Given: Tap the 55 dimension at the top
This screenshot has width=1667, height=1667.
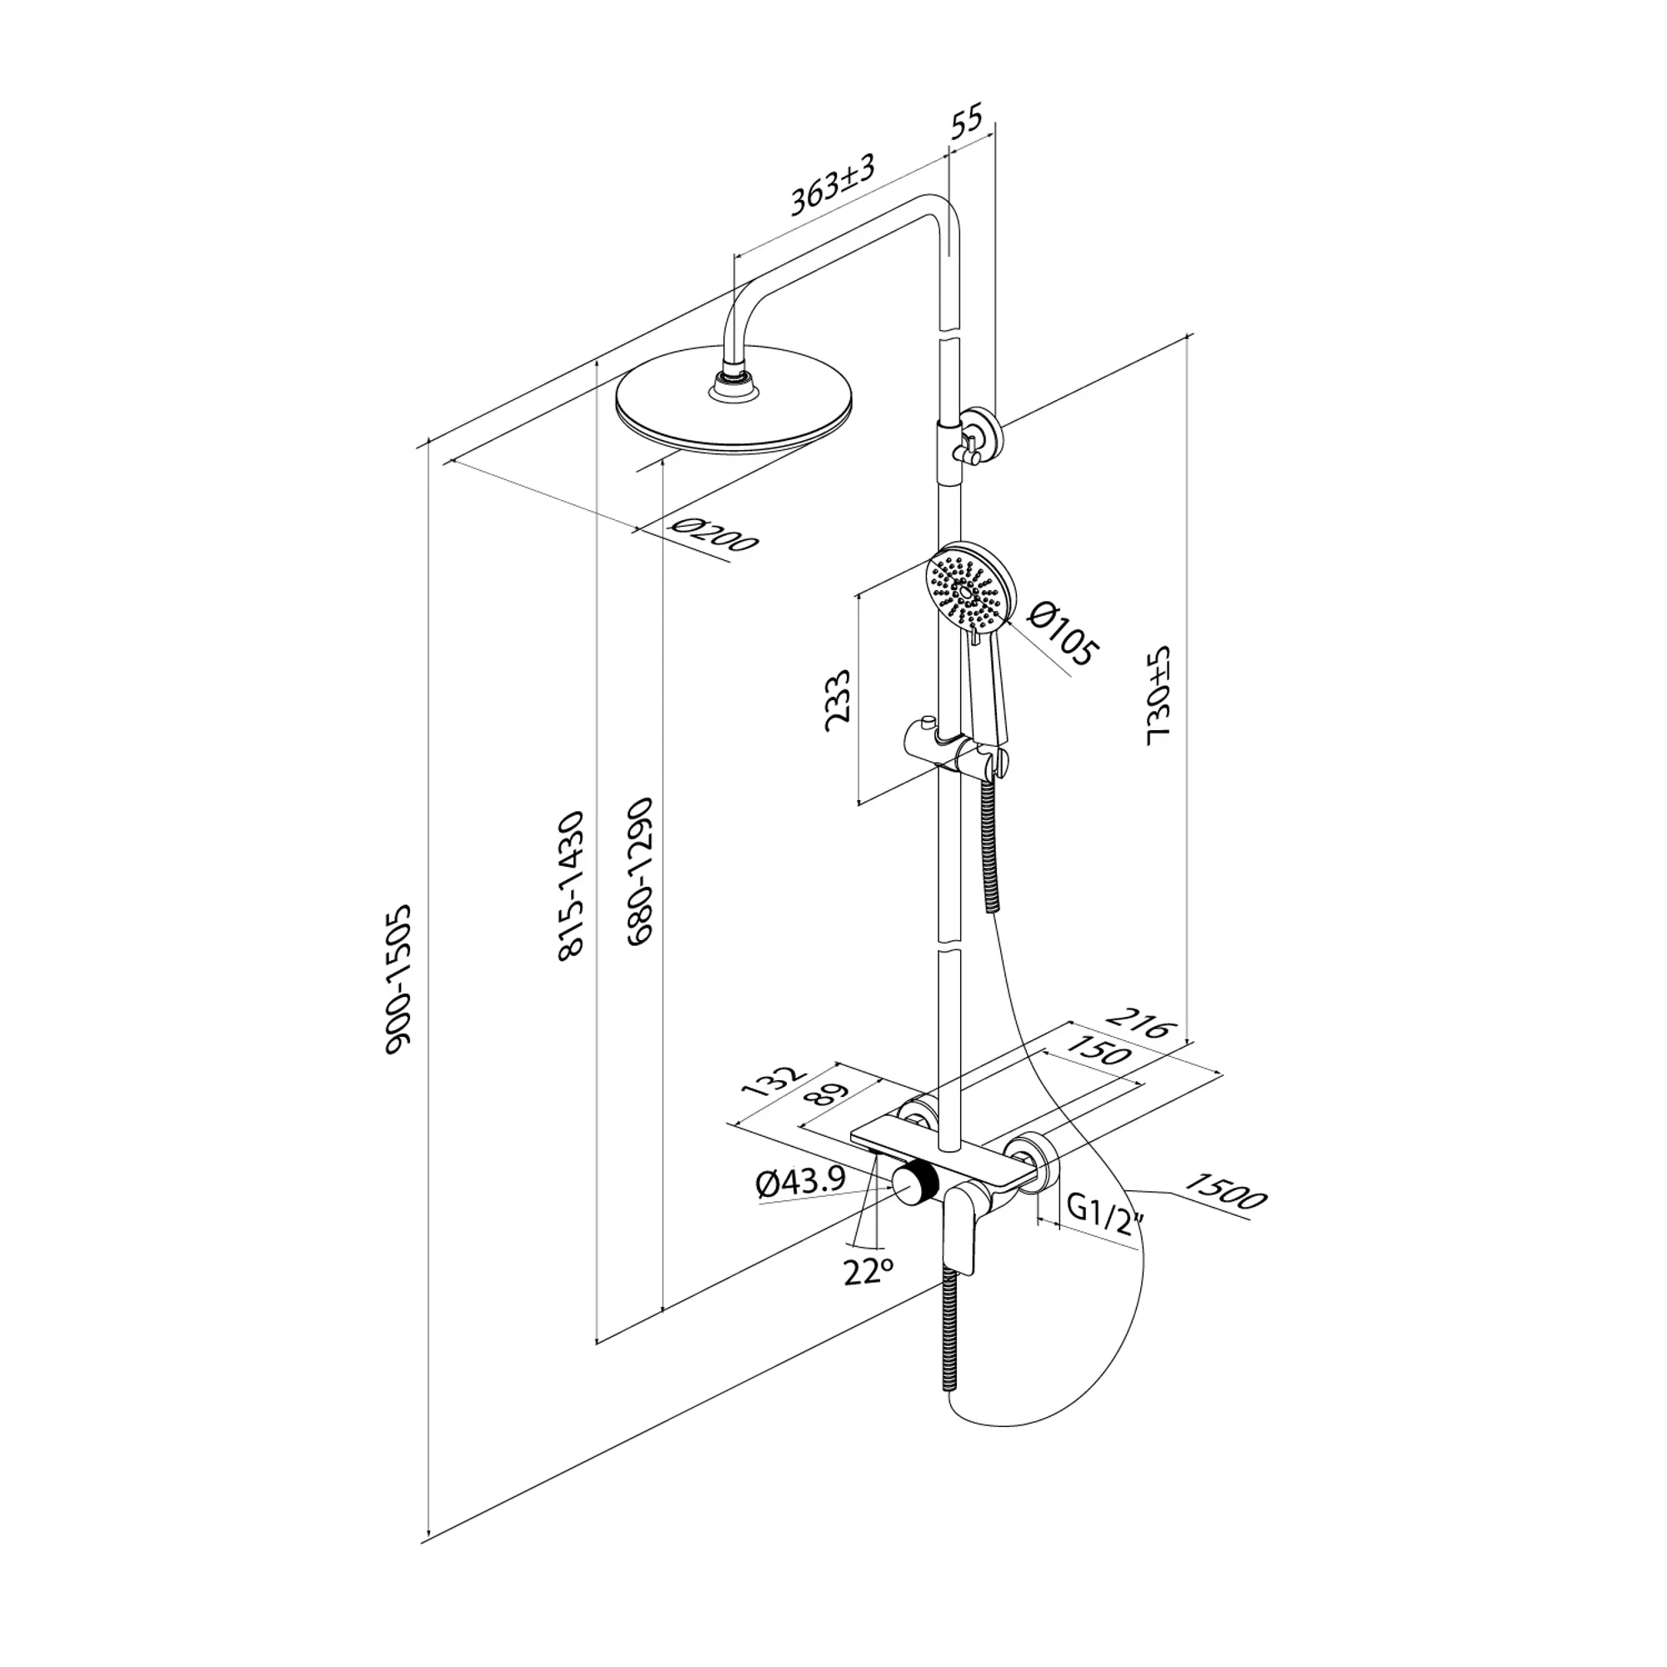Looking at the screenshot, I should click(967, 123).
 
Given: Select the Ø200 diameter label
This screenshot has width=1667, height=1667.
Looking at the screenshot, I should click(713, 536).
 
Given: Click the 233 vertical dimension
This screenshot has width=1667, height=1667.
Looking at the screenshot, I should click(838, 700).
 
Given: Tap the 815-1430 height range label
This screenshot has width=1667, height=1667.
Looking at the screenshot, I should click(571, 885).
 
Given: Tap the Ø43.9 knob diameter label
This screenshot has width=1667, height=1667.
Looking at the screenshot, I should click(801, 1183).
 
